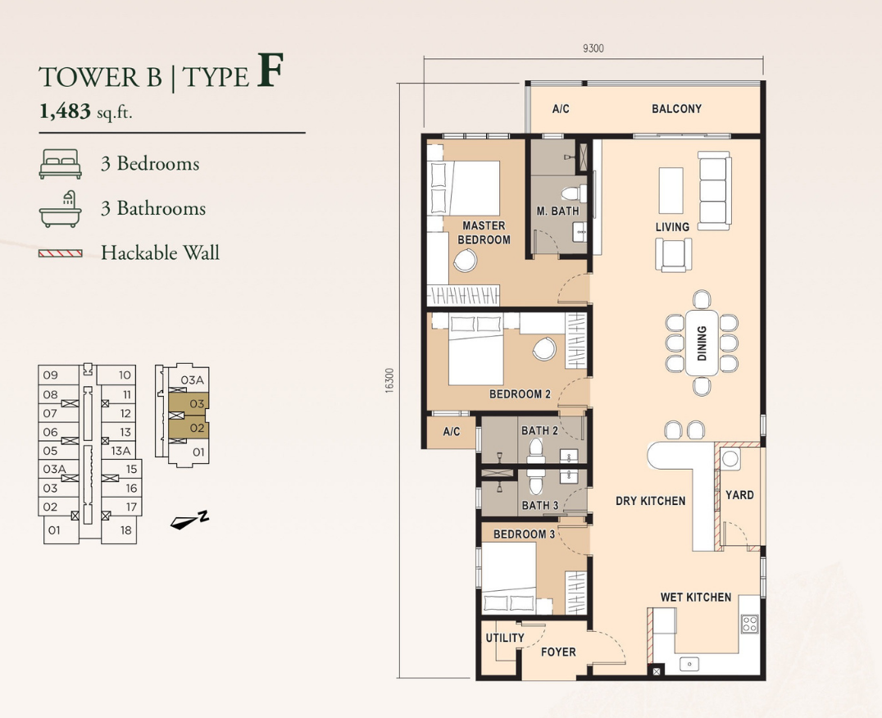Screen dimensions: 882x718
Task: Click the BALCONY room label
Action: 676,108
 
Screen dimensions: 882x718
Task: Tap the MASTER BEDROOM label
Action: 484,232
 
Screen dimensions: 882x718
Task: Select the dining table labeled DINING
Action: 702,343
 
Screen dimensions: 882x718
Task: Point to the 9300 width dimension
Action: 593,48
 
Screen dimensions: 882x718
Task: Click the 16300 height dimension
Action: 390,380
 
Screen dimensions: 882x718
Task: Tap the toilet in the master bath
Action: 574,193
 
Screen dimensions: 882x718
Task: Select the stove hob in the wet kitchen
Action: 750,623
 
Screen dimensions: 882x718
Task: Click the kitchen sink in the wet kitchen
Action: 689,663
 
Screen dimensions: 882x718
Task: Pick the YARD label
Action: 739,495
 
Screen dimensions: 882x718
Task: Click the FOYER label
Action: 558,652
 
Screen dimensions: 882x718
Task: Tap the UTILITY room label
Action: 505,638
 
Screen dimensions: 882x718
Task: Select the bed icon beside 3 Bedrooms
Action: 60,164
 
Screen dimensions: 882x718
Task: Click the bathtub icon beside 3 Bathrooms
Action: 60,208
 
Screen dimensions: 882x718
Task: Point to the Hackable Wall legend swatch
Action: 60,253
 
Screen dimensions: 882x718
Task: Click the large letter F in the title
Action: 270,70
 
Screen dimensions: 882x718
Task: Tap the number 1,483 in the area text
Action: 65,112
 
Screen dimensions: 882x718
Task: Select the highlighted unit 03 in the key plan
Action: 189,403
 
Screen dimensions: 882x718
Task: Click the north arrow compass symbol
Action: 189,520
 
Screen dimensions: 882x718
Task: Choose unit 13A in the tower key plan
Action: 120,451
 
